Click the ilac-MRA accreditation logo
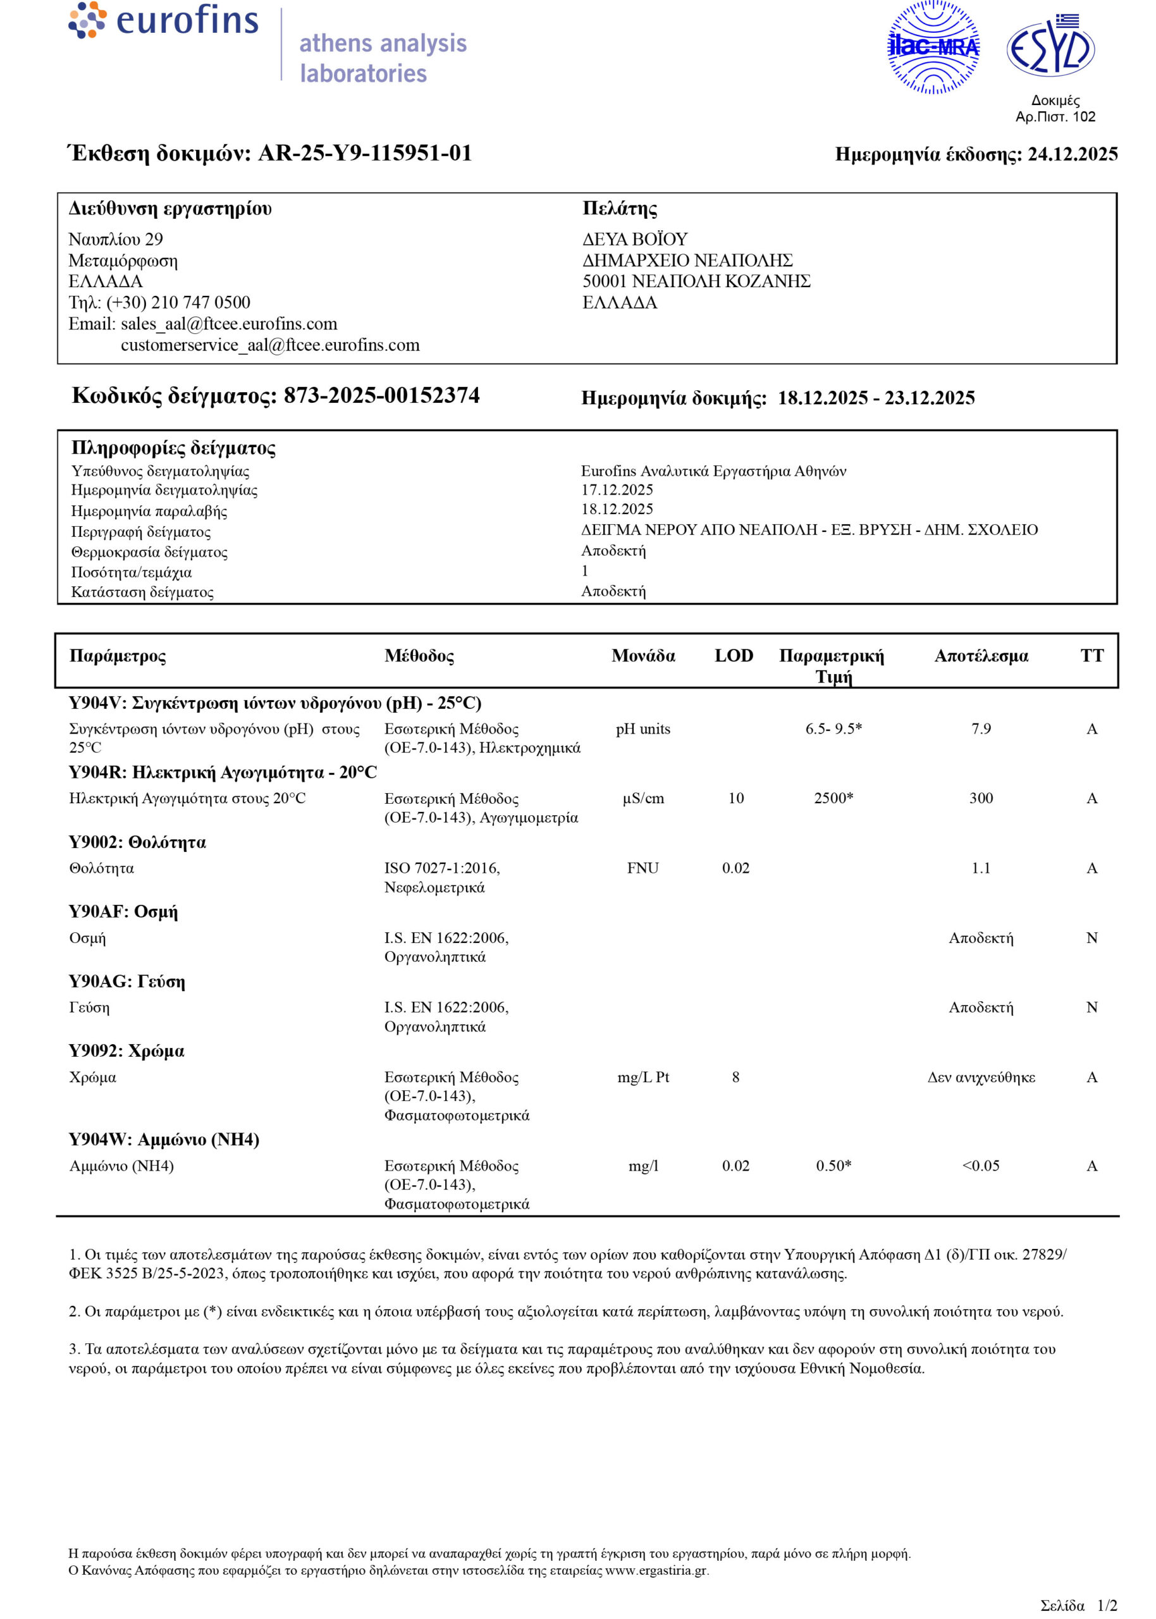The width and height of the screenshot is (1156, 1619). click(x=933, y=47)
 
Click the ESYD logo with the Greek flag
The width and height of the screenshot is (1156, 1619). click(x=1050, y=47)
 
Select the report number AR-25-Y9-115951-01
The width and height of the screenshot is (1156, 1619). click(x=364, y=153)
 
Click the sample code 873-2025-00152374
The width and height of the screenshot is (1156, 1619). click(x=381, y=396)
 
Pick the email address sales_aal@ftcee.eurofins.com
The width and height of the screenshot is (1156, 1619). click(x=228, y=324)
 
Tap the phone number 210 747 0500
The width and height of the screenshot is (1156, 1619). click(x=200, y=302)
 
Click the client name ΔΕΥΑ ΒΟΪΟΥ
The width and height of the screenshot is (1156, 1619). click(x=635, y=239)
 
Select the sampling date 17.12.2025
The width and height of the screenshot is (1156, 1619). click(x=617, y=489)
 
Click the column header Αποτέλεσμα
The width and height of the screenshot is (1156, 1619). click(x=981, y=655)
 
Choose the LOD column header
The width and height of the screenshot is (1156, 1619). click(x=734, y=655)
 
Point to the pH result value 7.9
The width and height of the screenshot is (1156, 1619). click(x=981, y=729)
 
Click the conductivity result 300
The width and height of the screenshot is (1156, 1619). click(x=981, y=799)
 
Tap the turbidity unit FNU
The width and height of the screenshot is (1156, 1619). click(x=643, y=868)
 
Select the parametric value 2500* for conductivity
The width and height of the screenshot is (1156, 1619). click(x=833, y=799)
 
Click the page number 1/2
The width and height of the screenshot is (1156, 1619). click(x=1107, y=1606)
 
